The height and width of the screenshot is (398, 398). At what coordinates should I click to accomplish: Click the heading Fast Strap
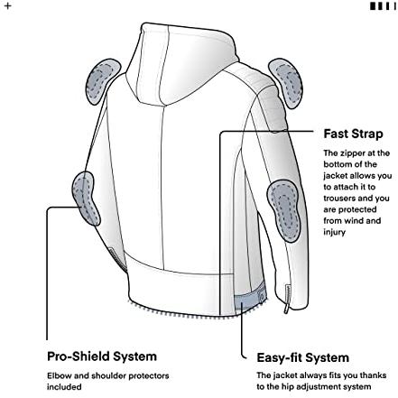(x=353, y=134)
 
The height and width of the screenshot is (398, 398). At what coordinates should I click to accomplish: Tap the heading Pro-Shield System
(x=102, y=356)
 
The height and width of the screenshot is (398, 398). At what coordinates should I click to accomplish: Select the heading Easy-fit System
(x=302, y=357)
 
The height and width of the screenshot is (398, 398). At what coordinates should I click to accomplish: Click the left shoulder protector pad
(x=103, y=81)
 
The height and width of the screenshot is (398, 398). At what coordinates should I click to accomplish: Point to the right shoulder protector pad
(x=286, y=83)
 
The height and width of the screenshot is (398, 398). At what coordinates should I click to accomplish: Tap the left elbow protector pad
(x=85, y=197)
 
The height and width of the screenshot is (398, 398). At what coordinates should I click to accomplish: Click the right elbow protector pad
(x=283, y=210)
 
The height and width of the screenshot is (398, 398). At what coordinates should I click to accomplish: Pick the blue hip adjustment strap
(x=249, y=300)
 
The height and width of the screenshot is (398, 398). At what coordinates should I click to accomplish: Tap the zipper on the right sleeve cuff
(x=287, y=300)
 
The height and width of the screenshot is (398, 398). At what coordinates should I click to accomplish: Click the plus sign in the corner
(x=8, y=5)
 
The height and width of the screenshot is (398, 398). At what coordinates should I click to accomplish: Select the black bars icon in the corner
(x=383, y=6)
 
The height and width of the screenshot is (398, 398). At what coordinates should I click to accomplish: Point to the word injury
(x=335, y=233)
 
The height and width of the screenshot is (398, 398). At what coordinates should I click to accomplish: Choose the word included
(x=64, y=387)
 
